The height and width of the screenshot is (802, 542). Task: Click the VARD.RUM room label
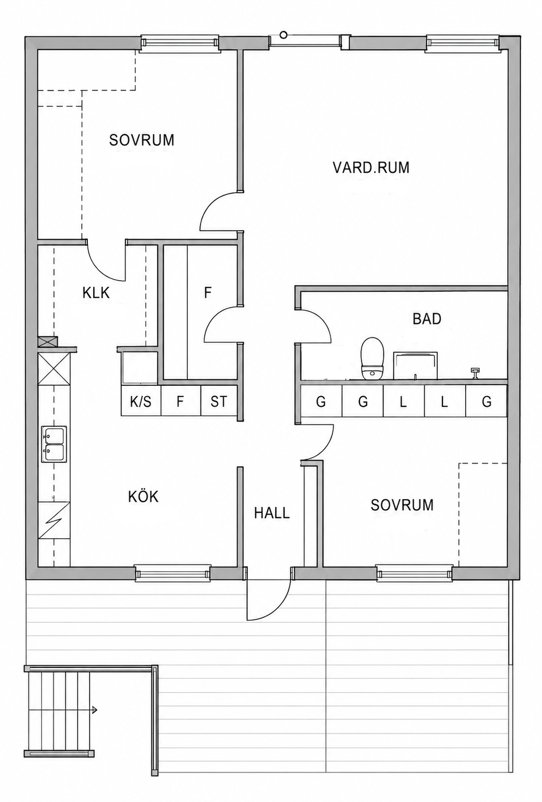point(371,168)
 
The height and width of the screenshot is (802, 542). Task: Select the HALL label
point(272,513)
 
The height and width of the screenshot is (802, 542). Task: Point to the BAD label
point(427,318)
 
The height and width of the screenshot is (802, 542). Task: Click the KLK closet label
point(96,293)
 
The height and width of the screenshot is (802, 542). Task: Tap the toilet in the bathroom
point(373,358)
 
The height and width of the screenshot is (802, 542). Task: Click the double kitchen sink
point(54,444)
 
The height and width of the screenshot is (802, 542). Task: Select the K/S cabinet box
point(141,400)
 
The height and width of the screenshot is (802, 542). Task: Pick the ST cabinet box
point(219,400)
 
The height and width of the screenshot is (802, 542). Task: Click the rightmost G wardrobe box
point(486,401)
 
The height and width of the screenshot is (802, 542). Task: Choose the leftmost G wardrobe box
point(321,401)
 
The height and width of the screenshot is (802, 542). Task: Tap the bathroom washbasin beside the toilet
point(416,365)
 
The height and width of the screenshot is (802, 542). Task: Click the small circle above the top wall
point(284,35)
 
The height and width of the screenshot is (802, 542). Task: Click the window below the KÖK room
point(173,573)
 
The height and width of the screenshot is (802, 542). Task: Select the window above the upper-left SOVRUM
point(179,43)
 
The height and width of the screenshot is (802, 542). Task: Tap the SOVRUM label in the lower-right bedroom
point(402,505)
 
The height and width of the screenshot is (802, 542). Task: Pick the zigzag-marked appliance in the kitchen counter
point(54,520)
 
